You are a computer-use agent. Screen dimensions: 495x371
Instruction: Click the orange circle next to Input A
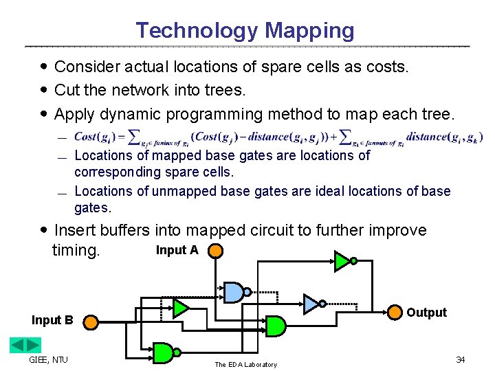click(x=215, y=251)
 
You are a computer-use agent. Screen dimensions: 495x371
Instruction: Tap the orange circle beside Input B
click(x=91, y=320)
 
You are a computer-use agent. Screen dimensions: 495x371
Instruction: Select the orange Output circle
click(x=393, y=313)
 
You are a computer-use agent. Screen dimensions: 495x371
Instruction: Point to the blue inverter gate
click(x=312, y=303)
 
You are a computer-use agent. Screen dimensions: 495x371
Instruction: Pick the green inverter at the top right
click(x=342, y=260)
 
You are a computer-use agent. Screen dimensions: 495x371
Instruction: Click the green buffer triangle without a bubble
click(x=181, y=307)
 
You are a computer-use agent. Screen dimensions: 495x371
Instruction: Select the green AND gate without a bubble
click(x=275, y=326)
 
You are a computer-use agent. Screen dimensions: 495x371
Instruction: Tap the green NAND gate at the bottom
click(x=164, y=352)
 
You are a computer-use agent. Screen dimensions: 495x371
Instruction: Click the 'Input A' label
click(x=177, y=250)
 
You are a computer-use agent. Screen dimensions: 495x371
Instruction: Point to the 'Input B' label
click(x=52, y=320)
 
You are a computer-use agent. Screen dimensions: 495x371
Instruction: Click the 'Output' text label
click(x=426, y=313)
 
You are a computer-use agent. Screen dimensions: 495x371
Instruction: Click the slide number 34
click(x=461, y=360)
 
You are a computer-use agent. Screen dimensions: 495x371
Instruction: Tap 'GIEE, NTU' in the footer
click(x=48, y=360)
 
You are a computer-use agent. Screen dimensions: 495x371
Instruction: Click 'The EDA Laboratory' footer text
click(x=245, y=365)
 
